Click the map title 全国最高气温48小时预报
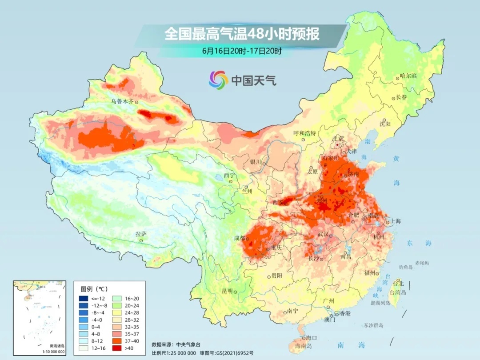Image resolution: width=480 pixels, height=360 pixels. pos(242,34)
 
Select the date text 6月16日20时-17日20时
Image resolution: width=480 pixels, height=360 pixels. pos(242,51)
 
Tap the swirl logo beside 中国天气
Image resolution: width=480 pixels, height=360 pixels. pos(218,80)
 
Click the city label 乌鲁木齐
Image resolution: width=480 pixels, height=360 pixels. pos(122,101)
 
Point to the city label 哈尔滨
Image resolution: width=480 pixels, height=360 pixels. pos(408,76)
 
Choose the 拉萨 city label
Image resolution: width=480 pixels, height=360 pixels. pos(141,234)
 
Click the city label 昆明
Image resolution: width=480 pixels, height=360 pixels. pos(227,291)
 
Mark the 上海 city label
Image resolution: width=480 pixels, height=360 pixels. pos(395,221)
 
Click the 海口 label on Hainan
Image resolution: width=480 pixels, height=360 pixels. pos(311,339)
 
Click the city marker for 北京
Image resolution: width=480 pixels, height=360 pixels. pos(338,144)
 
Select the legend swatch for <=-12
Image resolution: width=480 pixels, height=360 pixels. pos(83,298)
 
